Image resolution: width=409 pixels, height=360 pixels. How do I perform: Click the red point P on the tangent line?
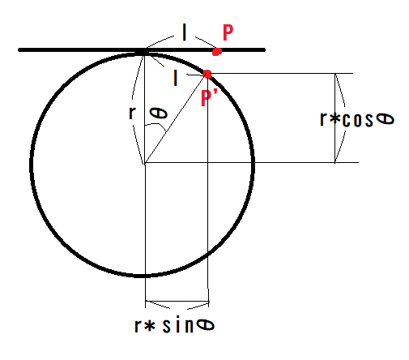217,52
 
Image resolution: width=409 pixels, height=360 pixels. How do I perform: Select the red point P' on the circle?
207,74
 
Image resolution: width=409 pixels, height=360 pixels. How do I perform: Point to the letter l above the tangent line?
185,33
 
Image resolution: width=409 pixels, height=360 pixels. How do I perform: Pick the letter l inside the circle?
177,78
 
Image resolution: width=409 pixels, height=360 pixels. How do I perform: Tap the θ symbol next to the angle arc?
162,118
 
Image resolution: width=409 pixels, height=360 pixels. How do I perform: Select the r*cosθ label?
357,119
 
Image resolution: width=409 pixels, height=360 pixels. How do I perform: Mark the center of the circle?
144,163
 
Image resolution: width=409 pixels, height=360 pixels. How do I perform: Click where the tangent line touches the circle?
143,52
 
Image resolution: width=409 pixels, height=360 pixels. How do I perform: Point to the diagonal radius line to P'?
176,118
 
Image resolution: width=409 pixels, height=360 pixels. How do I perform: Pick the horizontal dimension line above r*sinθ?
177,308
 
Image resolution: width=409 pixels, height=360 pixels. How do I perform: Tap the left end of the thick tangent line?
20,50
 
